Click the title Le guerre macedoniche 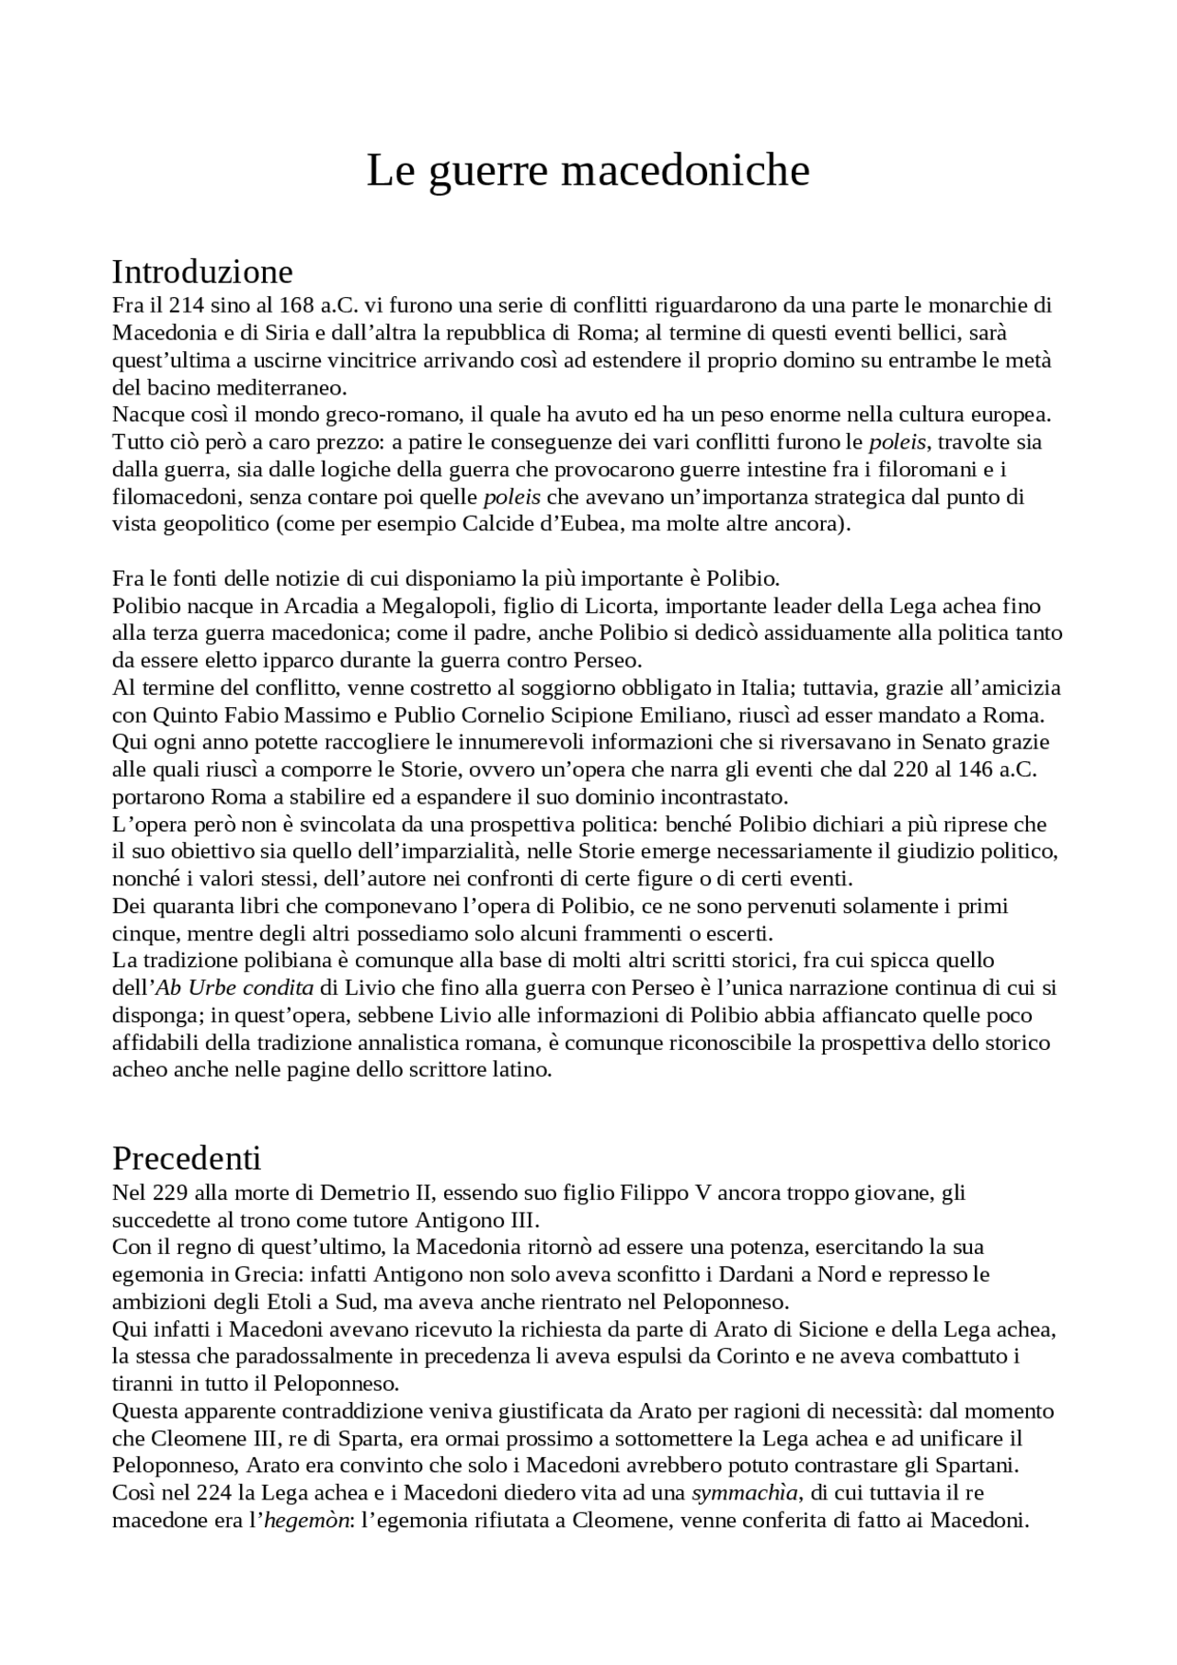(x=588, y=171)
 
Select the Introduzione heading (x=202, y=272)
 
